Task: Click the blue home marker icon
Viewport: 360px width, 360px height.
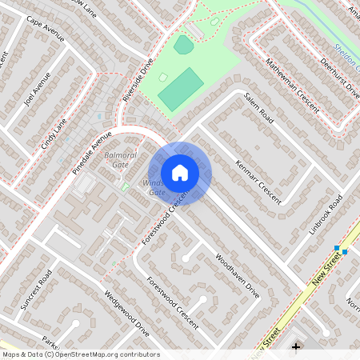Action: [180, 172]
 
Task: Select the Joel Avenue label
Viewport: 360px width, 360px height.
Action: [38, 90]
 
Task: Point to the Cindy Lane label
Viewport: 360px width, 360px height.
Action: [54, 136]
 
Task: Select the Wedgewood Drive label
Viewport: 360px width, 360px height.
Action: [126, 313]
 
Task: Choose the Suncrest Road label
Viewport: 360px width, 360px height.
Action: [36, 289]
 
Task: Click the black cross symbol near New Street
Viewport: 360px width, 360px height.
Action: [296, 346]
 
